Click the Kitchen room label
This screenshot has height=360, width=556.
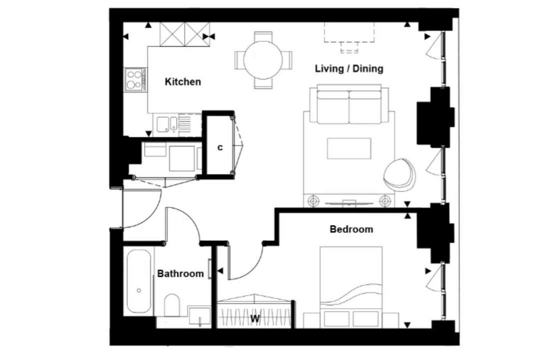183,81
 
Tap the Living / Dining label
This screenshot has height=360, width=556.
349,68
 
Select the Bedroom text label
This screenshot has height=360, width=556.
351,229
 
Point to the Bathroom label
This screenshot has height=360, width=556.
180,273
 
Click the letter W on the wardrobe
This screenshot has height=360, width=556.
255,319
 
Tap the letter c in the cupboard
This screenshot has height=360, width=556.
220,147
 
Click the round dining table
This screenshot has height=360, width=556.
263,60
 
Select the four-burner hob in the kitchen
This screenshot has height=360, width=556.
135,79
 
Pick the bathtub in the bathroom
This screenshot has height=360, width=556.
139,281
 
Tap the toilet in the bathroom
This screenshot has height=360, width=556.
172,305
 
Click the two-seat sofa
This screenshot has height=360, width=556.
349,104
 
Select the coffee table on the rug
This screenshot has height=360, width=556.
349,148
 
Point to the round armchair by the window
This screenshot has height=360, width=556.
400,174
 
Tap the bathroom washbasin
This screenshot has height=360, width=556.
200,315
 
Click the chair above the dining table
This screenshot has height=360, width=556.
263,36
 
